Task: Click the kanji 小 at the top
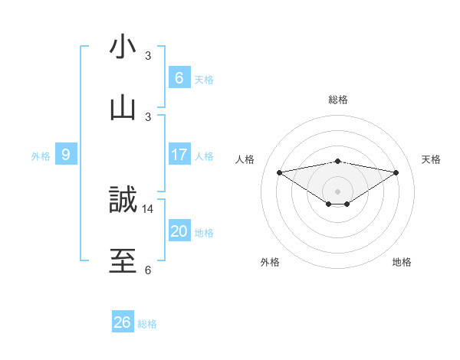[123, 47]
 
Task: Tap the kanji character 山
[123, 106]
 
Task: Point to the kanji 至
[123, 260]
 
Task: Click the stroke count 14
[148, 208]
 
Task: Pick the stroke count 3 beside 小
[148, 56]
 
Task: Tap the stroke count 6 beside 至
[148, 270]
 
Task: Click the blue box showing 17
[179, 155]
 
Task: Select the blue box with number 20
[179, 231]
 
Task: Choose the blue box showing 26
[122, 322]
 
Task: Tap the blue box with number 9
[66, 155]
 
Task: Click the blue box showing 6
[179, 77]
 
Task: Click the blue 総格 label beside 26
[147, 324]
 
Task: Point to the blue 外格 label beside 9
[41, 156]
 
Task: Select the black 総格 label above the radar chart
[338, 100]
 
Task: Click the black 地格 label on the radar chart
[402, 262]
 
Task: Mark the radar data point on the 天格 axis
[396, 172]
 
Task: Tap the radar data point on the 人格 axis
[279, 172]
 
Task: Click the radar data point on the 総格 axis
[338, 161]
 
